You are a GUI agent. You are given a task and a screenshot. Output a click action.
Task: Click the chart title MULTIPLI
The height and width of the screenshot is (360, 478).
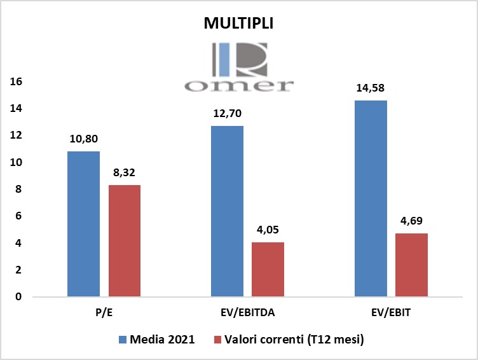point(238,24)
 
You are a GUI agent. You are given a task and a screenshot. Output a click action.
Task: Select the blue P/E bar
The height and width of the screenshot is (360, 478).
point(83,224)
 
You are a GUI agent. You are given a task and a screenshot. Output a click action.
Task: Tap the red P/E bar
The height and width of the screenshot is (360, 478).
point(125,240)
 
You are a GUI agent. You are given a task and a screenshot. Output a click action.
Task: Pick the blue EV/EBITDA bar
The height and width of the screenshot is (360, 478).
point(227,211)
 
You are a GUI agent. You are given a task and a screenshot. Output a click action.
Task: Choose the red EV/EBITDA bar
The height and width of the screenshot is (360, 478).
point(268,269)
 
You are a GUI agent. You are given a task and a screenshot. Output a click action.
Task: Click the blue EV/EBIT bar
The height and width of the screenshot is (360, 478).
point(371,198)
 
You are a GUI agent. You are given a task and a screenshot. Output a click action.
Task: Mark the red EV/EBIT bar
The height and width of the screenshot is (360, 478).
point(412,265)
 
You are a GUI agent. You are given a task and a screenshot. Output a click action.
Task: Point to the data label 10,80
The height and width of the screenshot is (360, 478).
point(83,139)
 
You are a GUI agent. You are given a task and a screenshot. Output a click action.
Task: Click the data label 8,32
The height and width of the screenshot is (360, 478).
point(125,173)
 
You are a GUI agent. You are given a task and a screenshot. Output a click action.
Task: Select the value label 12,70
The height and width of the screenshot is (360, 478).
point(227,114)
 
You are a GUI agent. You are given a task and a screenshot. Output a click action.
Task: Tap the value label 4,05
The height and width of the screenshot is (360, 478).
point(268,230)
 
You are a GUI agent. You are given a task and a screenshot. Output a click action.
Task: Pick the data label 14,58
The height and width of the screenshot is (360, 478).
point(371,88)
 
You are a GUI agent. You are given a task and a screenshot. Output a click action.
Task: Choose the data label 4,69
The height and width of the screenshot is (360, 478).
point(412,221)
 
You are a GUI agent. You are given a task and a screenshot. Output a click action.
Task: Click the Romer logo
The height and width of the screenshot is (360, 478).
point(238,68)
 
